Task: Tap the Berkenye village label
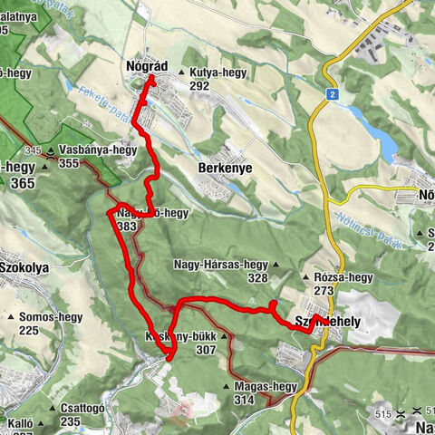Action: coord(222,169)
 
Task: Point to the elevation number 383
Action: coord(126,226)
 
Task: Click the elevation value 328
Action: coord(257,279)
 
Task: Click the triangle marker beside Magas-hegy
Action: coord(227,388)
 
